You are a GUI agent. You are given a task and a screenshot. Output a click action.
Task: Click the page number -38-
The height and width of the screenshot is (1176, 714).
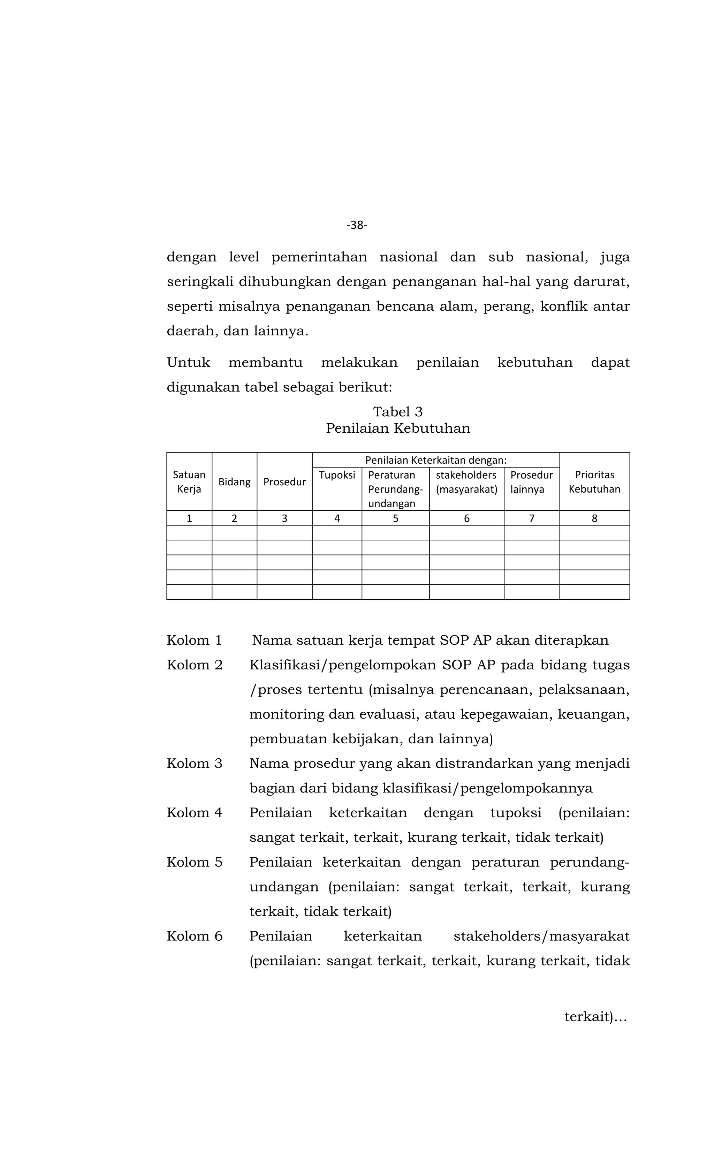tap(357, 225)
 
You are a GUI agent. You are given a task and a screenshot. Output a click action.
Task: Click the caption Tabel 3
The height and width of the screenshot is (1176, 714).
tap(397, 411)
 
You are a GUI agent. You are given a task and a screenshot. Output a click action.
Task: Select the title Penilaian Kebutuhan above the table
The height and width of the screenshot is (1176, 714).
tap(397, 428)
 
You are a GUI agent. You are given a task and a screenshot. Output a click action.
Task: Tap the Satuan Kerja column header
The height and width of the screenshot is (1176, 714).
tap(189, 481)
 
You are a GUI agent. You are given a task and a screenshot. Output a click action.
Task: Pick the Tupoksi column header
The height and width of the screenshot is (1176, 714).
tap(337, 475)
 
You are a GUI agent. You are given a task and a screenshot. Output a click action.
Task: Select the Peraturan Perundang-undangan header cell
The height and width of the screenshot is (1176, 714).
tap(395, 489)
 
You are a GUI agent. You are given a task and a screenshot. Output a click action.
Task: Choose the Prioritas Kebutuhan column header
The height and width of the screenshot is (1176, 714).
tap(594, 481)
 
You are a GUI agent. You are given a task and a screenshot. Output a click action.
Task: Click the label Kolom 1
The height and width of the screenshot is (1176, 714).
tap(194, 640)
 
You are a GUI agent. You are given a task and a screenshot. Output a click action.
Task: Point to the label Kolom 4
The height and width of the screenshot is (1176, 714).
tap(194, 813)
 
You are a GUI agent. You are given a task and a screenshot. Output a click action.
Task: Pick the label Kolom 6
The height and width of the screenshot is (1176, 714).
tap(194, 936)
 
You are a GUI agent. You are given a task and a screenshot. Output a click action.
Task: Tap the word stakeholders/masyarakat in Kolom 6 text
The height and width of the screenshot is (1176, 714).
tap(541, 936)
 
